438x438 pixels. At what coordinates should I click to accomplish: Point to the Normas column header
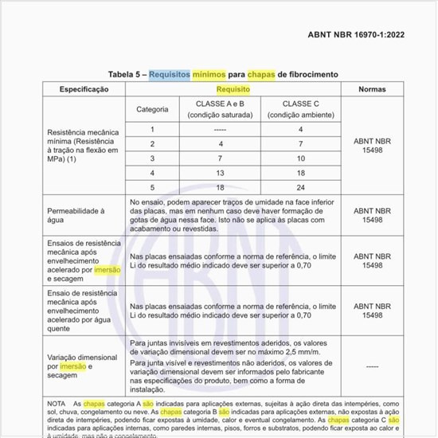tap(373, 90)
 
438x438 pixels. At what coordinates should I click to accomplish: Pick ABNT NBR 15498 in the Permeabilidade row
tap(373, 216)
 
